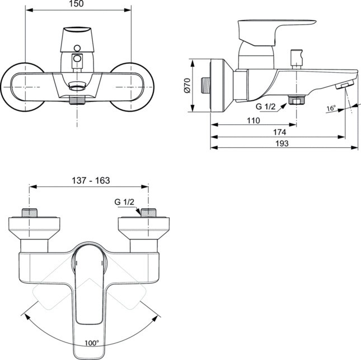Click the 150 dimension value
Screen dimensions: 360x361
pos(78,4)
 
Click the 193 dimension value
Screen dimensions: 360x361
pos(283,144)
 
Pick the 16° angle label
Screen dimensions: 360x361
pos(332,109)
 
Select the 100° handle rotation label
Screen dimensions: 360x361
pos(91,342)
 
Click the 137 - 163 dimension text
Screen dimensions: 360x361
pos(91,180)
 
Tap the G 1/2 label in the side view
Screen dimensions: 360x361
pos(266,106)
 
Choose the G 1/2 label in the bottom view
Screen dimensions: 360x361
pos(124,202)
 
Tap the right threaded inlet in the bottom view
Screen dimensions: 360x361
pos(148,213)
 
